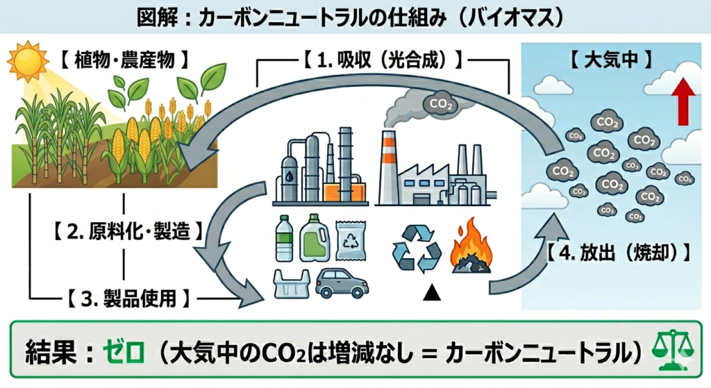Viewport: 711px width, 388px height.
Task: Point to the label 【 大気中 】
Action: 610,59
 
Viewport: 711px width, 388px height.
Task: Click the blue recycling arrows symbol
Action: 417,247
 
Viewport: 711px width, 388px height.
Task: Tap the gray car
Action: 342,282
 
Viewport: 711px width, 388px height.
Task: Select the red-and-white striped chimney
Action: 388,167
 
